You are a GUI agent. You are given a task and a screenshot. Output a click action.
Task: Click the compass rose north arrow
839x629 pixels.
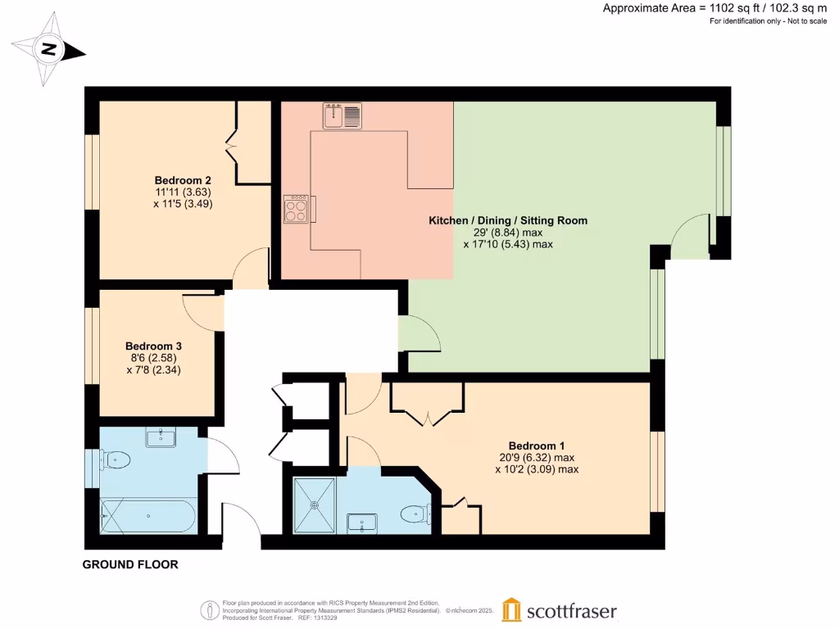[x=49, y=50]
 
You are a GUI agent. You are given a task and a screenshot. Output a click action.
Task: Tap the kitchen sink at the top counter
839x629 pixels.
[x=342, y=115]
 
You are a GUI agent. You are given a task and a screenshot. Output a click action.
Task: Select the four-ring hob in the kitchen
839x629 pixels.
[x=297, y=210]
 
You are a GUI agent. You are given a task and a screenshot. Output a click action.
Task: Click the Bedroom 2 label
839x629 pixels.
[x=184, y=180]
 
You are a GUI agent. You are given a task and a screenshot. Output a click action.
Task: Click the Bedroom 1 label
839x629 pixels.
[x=537, y=446]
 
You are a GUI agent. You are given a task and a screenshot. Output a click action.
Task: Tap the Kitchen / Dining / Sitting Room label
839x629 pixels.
[x=508, y=220]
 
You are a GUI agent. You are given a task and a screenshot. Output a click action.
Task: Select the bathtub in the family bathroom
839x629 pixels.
[x=147, y=517]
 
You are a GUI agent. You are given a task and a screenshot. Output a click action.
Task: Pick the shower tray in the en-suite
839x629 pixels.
[x=315, y=505]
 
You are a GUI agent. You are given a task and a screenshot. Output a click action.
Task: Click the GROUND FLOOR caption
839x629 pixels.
[x=130, y=564]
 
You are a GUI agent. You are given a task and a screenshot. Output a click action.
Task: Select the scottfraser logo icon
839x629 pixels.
[x=511, y=610]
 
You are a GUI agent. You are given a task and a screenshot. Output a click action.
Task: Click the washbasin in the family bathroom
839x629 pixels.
[x=161, y=437]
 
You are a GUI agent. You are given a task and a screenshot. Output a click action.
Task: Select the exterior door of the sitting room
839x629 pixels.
[x=688, y=238]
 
